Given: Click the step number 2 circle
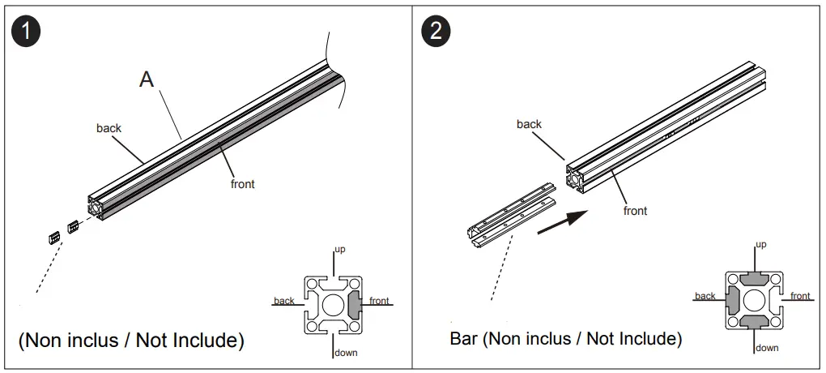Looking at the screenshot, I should (436, 32).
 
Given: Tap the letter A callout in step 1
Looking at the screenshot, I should (147, 79).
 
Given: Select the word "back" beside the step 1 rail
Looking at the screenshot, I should (109, 128).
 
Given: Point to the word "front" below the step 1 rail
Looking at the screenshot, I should (242, 184).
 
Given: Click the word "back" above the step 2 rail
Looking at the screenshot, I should (529, 124).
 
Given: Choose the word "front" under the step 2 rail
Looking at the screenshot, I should (635, 211).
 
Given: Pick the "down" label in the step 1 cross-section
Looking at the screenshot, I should (346, 353).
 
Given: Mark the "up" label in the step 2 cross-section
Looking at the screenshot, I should (760, 244).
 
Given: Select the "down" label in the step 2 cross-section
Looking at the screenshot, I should (767, 348).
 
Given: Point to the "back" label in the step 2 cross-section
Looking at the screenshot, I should (705, 296).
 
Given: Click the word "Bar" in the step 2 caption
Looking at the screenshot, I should (465, 338).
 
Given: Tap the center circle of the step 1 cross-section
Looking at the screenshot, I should (332, 305).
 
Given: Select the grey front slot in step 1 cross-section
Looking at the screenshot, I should (356, 305).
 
